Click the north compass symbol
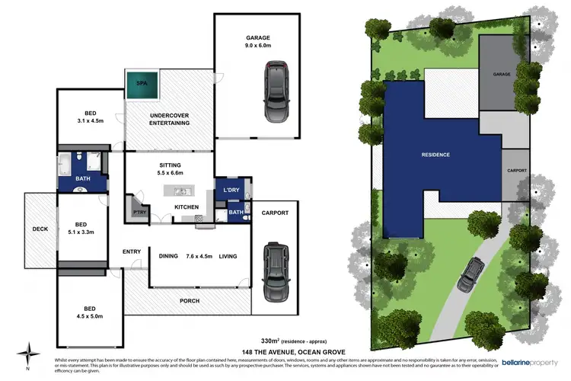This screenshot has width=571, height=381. (x=29, y=353)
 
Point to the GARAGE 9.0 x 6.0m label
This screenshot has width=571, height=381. (x=257, y=41)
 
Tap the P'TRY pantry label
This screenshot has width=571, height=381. (x=139, y=211)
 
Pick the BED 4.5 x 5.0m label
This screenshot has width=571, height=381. (x=91, y=312)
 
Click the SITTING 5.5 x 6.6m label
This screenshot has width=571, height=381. (x=170, y=169)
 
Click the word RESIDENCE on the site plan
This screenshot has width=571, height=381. (x=435, y=155)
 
